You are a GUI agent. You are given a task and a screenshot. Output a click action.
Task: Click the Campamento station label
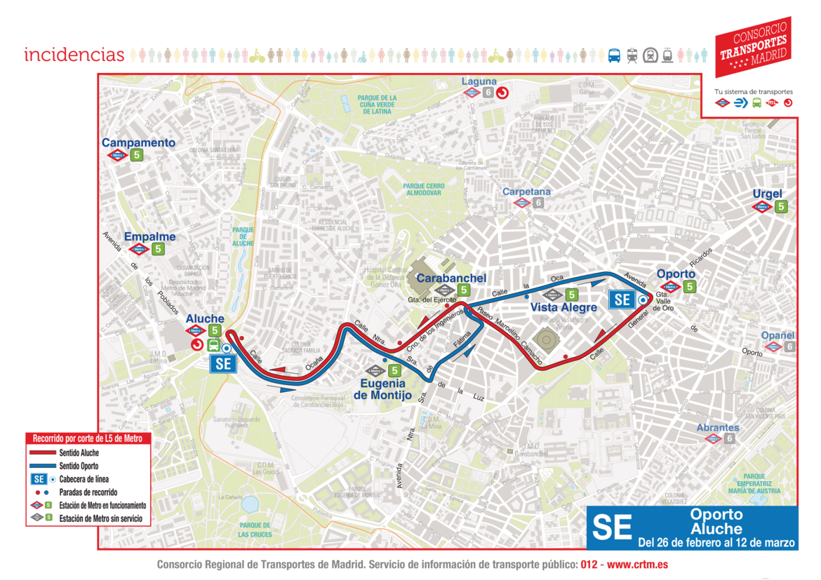(x=138, y=142)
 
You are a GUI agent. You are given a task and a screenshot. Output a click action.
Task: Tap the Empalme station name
(x=149, y=236)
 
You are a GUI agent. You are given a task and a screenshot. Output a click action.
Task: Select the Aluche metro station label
(x=205, y=319)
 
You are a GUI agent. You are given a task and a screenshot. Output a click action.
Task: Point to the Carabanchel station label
(x=451, y=278)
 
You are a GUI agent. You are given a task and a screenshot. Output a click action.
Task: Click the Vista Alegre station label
(x=563, y=307)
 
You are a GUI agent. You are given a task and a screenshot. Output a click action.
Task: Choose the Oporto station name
(x=675, y=274)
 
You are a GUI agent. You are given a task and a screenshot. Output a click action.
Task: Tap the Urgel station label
(x=767, y=194)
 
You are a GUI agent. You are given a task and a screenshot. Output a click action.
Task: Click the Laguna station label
(x=479, y=81)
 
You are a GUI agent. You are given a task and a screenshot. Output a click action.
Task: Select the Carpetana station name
(x=526, y=191)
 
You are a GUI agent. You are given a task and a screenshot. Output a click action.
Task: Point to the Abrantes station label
(x=717, y=427)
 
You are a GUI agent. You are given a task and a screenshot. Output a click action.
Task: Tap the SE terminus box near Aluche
(x=223, y=363)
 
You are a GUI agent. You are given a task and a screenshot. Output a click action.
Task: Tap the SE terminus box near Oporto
(x=622, y=299)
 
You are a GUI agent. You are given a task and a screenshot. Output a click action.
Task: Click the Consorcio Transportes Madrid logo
(x=752, y=46)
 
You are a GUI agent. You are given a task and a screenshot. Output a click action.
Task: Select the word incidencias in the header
(x=74, y=55)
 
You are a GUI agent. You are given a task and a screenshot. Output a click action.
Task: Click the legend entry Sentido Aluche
(x=79, y=452)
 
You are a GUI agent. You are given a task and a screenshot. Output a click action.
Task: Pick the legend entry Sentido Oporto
(x=79, y=466)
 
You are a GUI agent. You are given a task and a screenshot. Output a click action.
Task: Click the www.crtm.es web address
(x=636, y=565)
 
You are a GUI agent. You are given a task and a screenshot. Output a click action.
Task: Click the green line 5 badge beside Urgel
(x=780, y=206)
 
